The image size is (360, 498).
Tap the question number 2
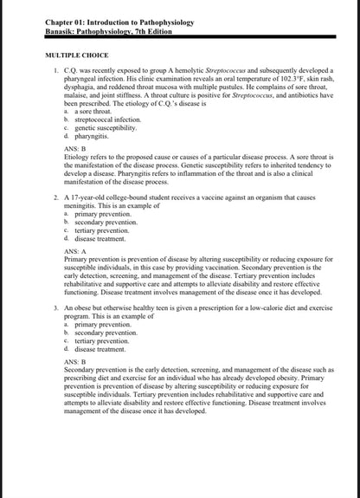coord(56,197)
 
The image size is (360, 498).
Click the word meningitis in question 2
coord(85,206)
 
